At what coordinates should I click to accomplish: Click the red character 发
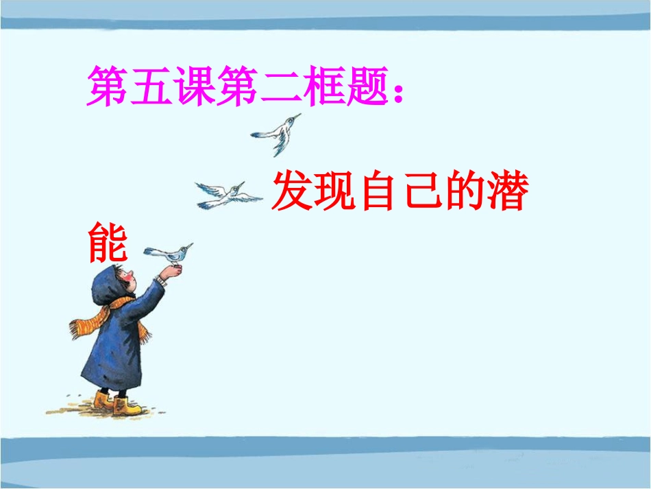(292, 192)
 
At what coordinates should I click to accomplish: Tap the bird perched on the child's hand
(171, 253)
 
